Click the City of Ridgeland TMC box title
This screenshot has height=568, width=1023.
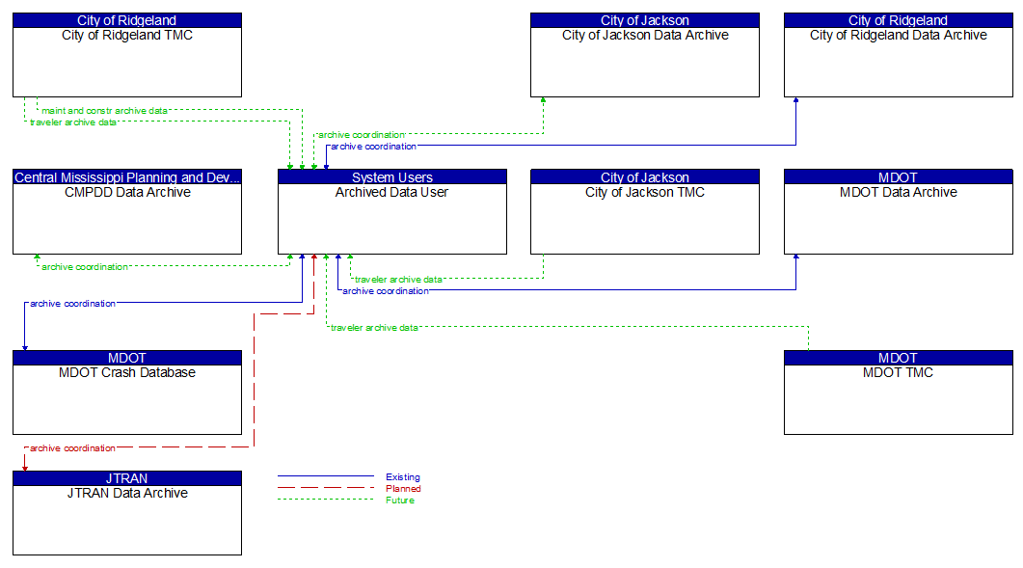pyautogui.click(x=126, y=36)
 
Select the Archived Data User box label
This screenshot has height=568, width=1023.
pyautogui.click(x=391, y=192)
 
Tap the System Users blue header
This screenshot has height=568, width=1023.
pyautogui.click(x=391, y=177)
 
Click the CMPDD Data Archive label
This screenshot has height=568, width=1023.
pyautogui.click(x=126, y=192)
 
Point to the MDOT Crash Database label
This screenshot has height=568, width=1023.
pyautogui.click(x=126, y=372)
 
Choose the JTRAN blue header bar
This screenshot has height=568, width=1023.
pyautogui.click(x=126, y=478)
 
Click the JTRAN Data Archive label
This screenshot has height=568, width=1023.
pyautogui.click(x=126, y=493)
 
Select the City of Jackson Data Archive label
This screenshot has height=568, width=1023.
pyautogui.click(x=644, y=36)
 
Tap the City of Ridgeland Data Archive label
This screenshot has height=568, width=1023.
pyautogui.click(x=898, y=36)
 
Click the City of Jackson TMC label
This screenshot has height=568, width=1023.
pyautogui.click(x=644, y=192)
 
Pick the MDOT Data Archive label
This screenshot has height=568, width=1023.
pyautogui.click(x=898, y=192)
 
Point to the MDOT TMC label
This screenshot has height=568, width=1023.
pyautogui.click(x=898, y=372)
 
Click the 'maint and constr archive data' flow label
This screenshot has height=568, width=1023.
pyautogui.click(x=104, y=111)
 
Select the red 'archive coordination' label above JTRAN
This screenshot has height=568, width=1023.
pyautogui.click(x=72, y=448)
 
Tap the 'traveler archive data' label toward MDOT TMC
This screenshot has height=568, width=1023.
pyautogui.click(x=374, y=328)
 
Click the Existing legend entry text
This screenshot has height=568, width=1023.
pyautogui.click(x=402, y=477)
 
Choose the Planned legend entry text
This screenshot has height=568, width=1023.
pyautogui.click(x=402, y=489)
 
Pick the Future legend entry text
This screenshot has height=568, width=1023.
pyautogui.click(x=400, y=500)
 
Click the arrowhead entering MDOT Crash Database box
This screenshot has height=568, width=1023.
pyautogui.click(x=25, y=347)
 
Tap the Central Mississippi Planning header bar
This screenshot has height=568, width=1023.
pyautogui.click(x=126, y=177)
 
